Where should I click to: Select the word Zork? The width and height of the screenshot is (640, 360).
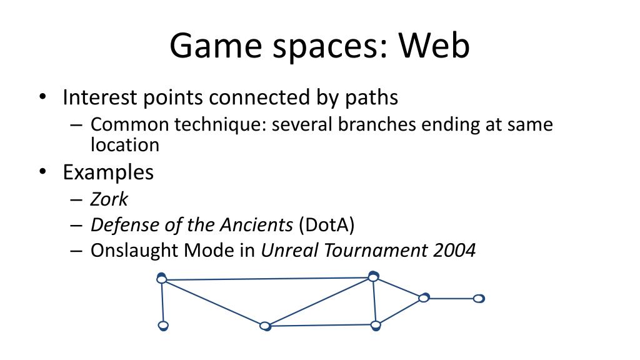(109, 199)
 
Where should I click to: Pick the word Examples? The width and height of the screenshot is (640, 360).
(108, 172)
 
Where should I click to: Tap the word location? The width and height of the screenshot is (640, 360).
(125, 145)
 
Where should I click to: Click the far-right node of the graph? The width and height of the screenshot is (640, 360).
(478, 299)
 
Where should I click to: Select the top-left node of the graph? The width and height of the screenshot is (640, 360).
(162, 279)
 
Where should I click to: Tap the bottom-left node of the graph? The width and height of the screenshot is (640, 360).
(163, 325)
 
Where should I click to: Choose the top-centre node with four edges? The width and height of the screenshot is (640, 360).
(373, 277)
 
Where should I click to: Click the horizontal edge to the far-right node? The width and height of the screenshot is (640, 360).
(451, 299)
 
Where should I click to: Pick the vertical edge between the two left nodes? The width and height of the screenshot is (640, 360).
(162, 302)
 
